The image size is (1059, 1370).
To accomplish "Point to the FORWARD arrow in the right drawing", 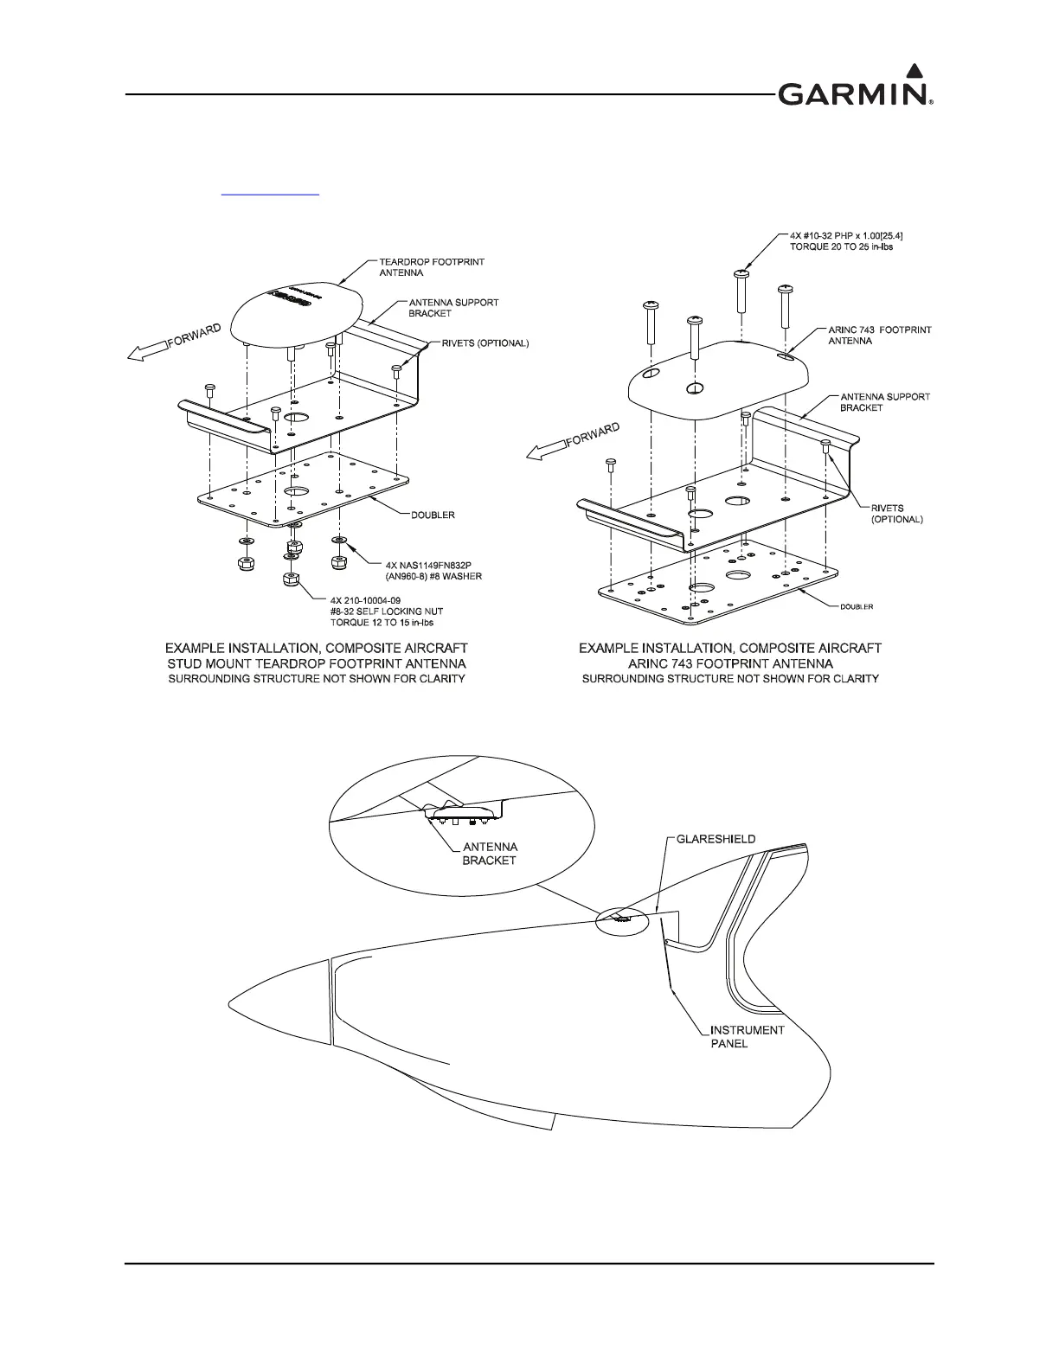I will click(x=568, y=444).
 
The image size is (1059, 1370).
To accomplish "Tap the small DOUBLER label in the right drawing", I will click(x=857, y=606).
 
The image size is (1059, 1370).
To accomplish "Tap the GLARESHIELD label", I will click(x=716, y=839).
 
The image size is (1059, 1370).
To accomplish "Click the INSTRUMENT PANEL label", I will click(x=747, y=1036).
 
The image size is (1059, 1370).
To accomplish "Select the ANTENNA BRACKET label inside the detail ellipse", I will click(x=490, y=853).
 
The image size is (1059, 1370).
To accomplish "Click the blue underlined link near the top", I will click(x=270, y=195).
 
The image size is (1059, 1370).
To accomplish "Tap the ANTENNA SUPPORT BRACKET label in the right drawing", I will click(x=885, y=402).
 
